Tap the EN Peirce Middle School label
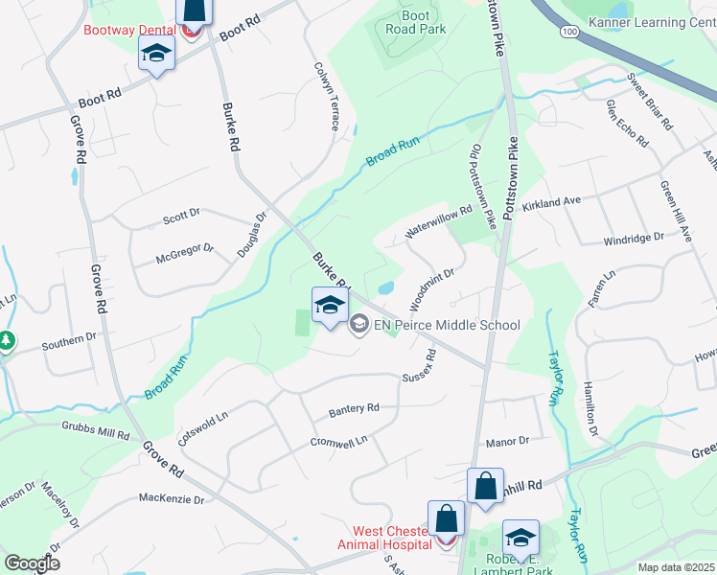point(448,325)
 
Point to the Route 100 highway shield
point(569,32)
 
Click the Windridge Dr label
point(634,238)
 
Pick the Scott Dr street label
point(180,218)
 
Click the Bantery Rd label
point(354,409)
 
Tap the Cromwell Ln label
point(338,443)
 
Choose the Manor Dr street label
point(507,441)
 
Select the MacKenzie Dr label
point(172,499)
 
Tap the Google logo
point(32,563)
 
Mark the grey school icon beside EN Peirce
point(359,325)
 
